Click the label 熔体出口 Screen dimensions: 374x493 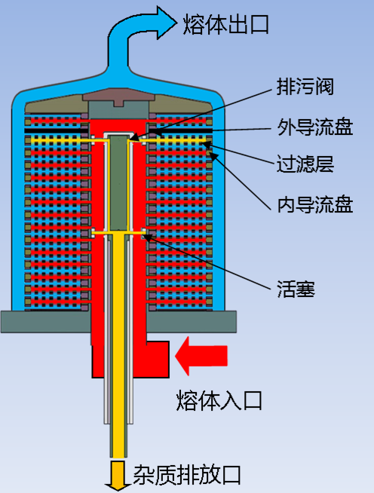tap(225, 25)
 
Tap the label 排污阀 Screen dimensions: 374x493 tap(305, 86)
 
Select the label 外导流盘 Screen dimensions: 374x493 tap(314, 127)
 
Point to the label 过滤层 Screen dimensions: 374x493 tap(305, 163)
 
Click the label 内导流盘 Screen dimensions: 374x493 tap(314, 204)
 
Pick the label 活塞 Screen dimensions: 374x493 tap(296, 289)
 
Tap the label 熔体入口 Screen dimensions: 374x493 tap(219, 400)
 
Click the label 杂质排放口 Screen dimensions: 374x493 tap(187, 474)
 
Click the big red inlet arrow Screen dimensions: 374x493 tap(201, 356)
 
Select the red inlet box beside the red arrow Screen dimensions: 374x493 tap(158, 359)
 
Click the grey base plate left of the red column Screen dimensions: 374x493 tap(45, 322)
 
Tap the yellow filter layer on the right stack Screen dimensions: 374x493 tap(176, 140)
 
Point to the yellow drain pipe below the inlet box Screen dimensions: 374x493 tap(118, 418)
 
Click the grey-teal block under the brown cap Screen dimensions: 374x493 tap(118, 110)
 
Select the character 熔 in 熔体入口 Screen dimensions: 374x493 tap(186, 400)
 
